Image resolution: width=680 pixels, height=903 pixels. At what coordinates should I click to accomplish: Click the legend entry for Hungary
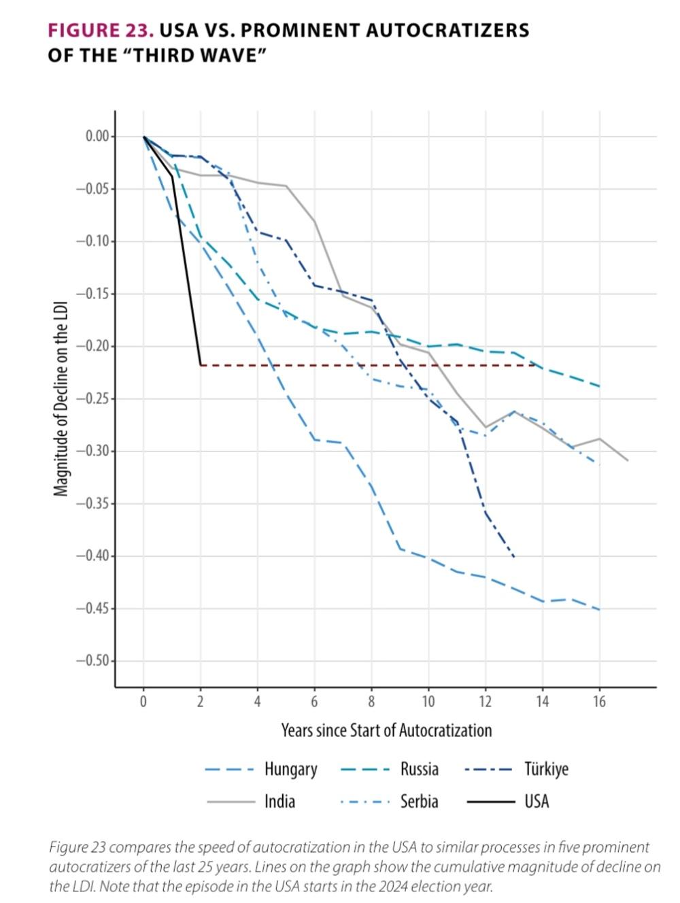pos(290,769)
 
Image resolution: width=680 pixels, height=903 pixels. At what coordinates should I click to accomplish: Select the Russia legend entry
pos(419,769)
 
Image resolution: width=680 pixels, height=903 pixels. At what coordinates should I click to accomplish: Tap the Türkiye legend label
pos(545,769)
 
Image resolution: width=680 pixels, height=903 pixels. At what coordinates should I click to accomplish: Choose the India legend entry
pos(279,802)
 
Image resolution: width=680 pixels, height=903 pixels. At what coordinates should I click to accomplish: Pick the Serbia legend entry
pos(419,802)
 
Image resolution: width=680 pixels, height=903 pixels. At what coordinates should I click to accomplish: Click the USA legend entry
pos(536,802)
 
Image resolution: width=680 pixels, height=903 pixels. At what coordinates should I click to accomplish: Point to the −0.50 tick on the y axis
pos(92,661)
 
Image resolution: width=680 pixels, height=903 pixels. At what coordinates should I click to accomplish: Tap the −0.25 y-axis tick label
pos(92,399)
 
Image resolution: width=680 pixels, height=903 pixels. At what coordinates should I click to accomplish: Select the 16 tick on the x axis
pos(599,702)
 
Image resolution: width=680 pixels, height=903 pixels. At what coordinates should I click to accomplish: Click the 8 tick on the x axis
pos(371,702)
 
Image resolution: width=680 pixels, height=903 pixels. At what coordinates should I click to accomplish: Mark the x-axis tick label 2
pos(201,702)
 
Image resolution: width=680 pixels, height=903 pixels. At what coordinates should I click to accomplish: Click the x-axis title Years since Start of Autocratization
pos(386,731)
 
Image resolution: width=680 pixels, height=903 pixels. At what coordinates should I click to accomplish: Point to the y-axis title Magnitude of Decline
pos(61,398)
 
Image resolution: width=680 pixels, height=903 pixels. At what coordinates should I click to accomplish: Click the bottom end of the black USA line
pos(201,365)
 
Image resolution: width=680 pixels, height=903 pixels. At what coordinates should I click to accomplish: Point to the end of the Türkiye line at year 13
pos(513,557)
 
